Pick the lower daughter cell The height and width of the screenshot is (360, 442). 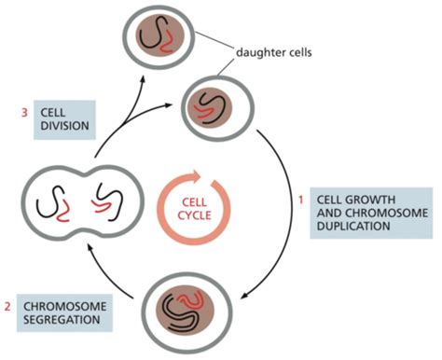pos(214,99)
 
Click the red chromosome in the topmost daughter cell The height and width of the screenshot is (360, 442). pos(167,39)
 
